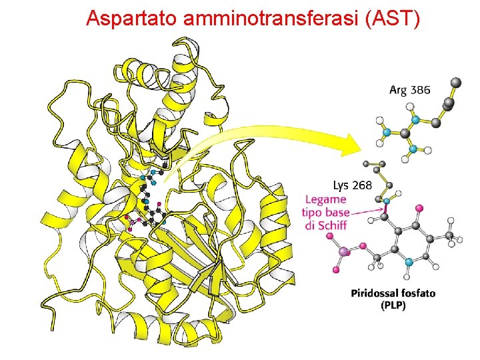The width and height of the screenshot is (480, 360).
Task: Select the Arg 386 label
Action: pyautogui.click(x=410, y=89)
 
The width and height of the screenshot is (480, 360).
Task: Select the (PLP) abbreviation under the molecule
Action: pyautogui.click(x=393, y=305)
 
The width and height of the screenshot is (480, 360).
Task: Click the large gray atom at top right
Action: pyautogui.click(x=456, y=83)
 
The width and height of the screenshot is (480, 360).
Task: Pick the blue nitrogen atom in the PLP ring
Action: pyautogui.click(x=409, y=263)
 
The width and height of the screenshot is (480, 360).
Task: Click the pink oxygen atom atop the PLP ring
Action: pyautogui.click(x=420, y=209)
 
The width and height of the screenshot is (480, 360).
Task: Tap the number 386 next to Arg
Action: pyautogui.click(x=421, y=89)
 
